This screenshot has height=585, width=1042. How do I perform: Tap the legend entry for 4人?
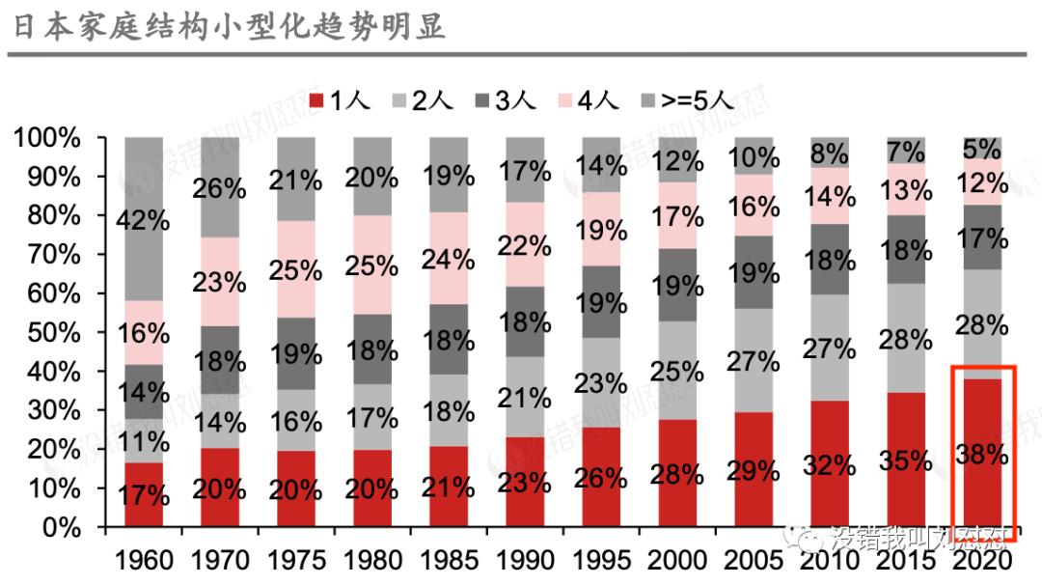click(589, 99)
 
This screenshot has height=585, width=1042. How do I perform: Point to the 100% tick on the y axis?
click(47, 138)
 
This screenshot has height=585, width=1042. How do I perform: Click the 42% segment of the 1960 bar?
click(143, 219)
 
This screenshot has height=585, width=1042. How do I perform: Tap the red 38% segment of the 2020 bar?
click(983, 454)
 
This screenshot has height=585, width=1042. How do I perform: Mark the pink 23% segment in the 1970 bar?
click(219, 282)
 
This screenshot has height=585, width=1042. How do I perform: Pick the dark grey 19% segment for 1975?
click(295, 353)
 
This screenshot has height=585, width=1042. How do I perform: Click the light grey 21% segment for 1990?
click(524, 397)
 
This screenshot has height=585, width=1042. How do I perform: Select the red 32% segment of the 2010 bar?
click(829, 464)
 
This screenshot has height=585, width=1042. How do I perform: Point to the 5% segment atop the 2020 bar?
click(983, 148)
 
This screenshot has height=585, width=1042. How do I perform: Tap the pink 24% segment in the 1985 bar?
click(448, 259)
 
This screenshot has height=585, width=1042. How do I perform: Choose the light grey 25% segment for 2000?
click(676, 370)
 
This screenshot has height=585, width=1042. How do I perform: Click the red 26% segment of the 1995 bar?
click(600, 477)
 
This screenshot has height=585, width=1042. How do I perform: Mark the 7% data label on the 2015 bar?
click(905, 151)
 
